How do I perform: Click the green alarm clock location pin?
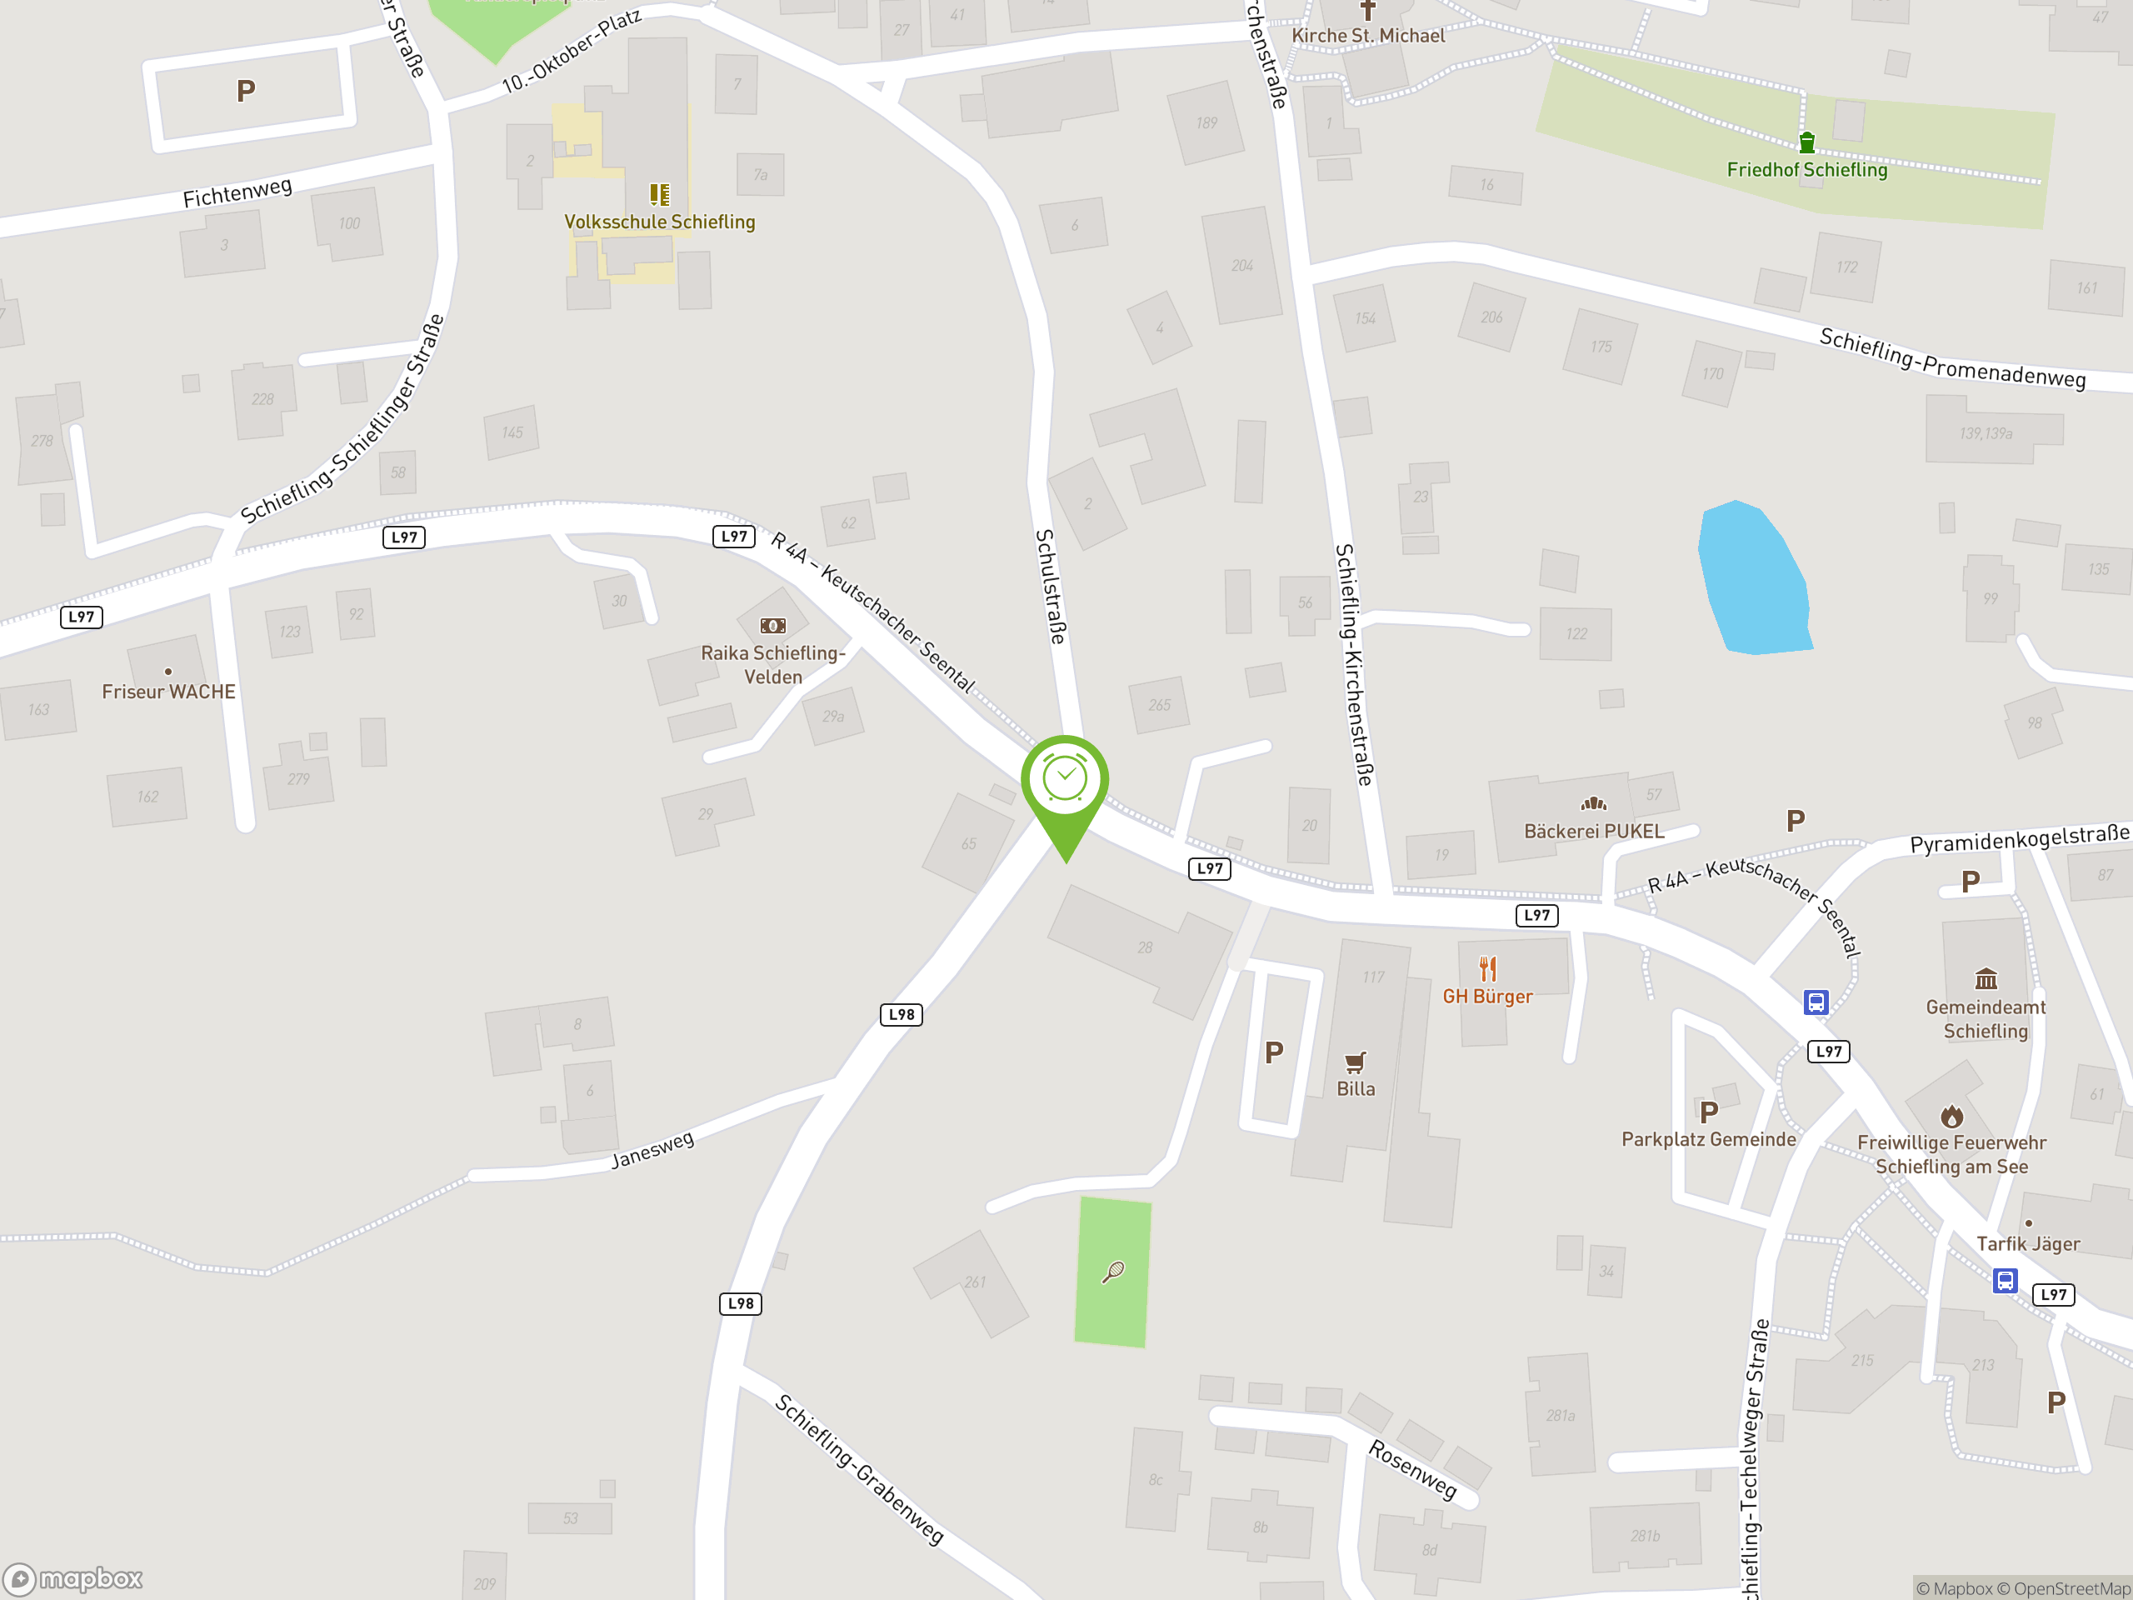(x=1065, y=781)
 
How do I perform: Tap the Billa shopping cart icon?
(x=1355, y=1062)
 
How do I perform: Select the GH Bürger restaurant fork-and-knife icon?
(x=1488, y=968)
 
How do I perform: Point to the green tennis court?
(x=1113, y=1272)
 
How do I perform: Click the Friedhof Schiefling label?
(x=1806, y=170)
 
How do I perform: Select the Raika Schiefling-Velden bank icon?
(x=772, y=626)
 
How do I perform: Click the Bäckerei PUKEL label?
(x=1593, y=832)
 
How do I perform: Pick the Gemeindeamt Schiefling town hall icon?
(x=1986, y=980)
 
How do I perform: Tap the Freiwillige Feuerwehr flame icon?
(x=1951, y=1117)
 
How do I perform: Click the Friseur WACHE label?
(x=169, y=692)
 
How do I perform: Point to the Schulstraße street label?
(x=1051, y=587)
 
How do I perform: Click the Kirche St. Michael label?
(x=1367, y=36)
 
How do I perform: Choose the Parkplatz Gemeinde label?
(x=1708, y=1139)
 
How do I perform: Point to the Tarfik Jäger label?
(x=2028, y=1244)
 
